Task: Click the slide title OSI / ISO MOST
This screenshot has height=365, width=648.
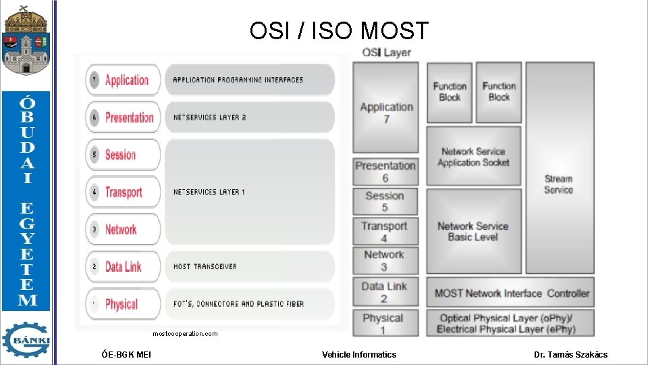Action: click(x=339, y=30)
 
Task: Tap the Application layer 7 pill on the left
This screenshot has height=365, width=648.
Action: click(x=123, y=80)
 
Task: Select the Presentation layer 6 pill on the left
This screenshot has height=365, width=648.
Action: click(x=123, y=117)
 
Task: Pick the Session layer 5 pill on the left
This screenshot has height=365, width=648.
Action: click(x=123, y=155)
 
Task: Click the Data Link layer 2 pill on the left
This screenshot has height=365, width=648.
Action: click(x=123, y=266)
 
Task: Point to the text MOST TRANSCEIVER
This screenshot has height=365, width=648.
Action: click(x=205, y=266)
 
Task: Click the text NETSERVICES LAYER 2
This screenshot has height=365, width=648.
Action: click(x=209, y=117)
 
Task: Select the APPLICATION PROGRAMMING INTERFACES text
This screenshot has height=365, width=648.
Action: click(x=238, y=80)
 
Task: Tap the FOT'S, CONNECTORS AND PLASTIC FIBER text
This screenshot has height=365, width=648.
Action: click(x=238, y=304)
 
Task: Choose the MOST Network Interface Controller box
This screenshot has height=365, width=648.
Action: click(x=510, y=293)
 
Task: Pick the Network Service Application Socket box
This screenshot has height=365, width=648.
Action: click(x=473, y=157)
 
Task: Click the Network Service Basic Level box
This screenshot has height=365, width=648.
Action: click(x=473, y=231)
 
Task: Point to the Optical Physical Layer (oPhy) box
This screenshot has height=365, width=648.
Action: click(x=510, y=323)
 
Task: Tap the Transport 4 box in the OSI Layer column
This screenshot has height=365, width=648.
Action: click(x=384, y=232)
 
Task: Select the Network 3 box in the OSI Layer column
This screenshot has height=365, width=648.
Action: click(x=384, y=260)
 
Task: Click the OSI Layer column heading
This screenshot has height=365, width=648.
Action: click(x=386, y=52)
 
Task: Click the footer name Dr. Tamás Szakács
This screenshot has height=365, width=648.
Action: click(x=570, y=354)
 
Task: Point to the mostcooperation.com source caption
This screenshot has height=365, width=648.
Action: click(x=185, y=334)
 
